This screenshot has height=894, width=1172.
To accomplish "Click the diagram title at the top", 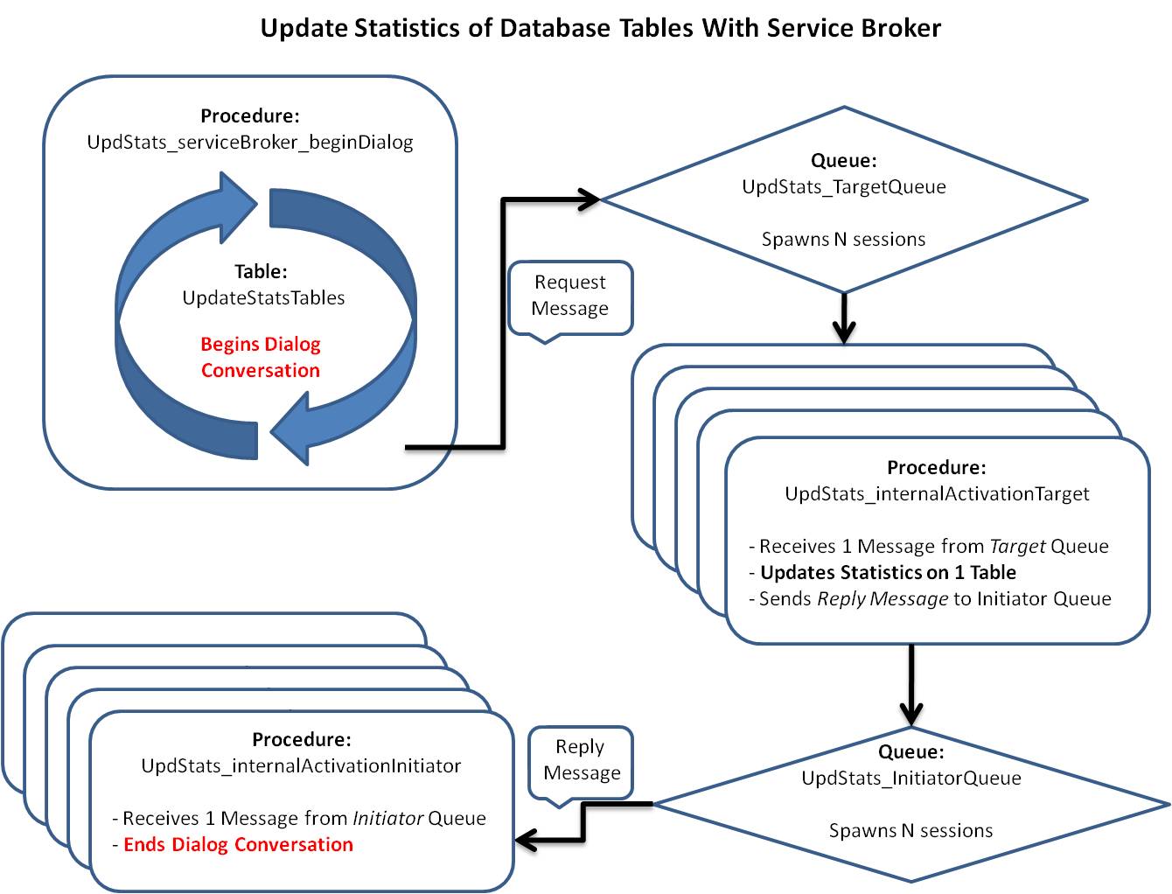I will pos(601,28).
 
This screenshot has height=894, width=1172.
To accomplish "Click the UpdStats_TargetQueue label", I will pos(844,186).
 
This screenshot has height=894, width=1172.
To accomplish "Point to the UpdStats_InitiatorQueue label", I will pos(911,778).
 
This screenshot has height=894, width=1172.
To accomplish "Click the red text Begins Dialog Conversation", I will pos(261,357).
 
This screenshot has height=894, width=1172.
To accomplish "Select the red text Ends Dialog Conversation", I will pos(238,844).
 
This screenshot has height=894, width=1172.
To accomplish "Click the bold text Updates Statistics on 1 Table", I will pos(888,572).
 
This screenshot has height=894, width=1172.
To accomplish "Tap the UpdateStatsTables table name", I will pos(263,297).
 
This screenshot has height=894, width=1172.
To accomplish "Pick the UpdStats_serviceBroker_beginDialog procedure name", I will pos(250,142).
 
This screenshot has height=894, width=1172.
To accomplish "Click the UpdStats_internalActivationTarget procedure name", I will pos(937,493).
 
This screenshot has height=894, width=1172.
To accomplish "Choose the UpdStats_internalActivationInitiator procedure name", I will pos(301,765).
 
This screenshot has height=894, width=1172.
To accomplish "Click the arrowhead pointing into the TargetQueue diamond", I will pos(588,199).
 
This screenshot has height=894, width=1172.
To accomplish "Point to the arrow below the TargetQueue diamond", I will pos(844,320).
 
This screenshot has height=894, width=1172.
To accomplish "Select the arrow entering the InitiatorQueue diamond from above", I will pos(911,687).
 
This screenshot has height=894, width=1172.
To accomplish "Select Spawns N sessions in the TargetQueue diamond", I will pos(843,239).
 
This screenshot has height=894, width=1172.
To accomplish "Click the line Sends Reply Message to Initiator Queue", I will pos(931,598).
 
